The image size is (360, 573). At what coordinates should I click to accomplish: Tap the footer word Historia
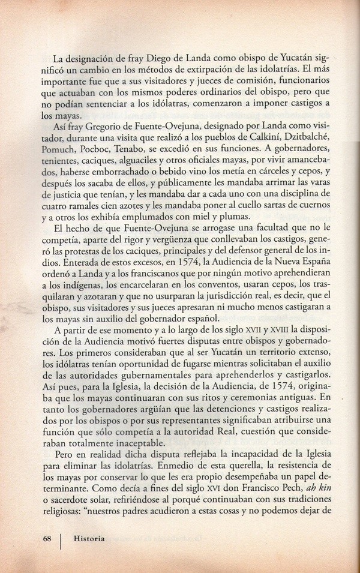coord(89,538)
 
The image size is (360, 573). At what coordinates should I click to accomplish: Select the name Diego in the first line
coord(158,59)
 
